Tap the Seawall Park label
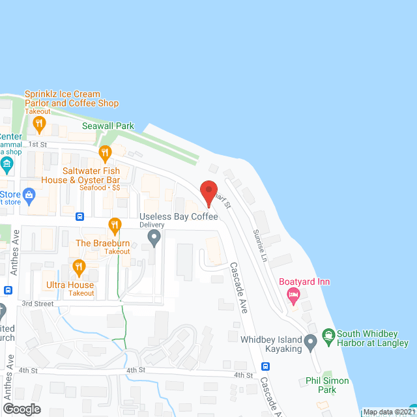tap(108, 126)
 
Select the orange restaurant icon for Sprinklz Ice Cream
tap(39, 122)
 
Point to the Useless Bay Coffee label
tap(179, 216)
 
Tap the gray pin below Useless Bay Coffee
tap(154, 238)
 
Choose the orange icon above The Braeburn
tap(115, 226)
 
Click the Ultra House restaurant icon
tap(79, 267)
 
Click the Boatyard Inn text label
tap(305, 282)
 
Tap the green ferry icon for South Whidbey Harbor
tap(328, 338)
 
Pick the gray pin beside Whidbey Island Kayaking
tap(311, 341)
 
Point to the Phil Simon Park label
tap(327, 385)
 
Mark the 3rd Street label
tap(37, 304)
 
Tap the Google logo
tap(21, 409)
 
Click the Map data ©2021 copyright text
tap(389, 412)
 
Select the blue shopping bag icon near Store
tap(29, 194)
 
